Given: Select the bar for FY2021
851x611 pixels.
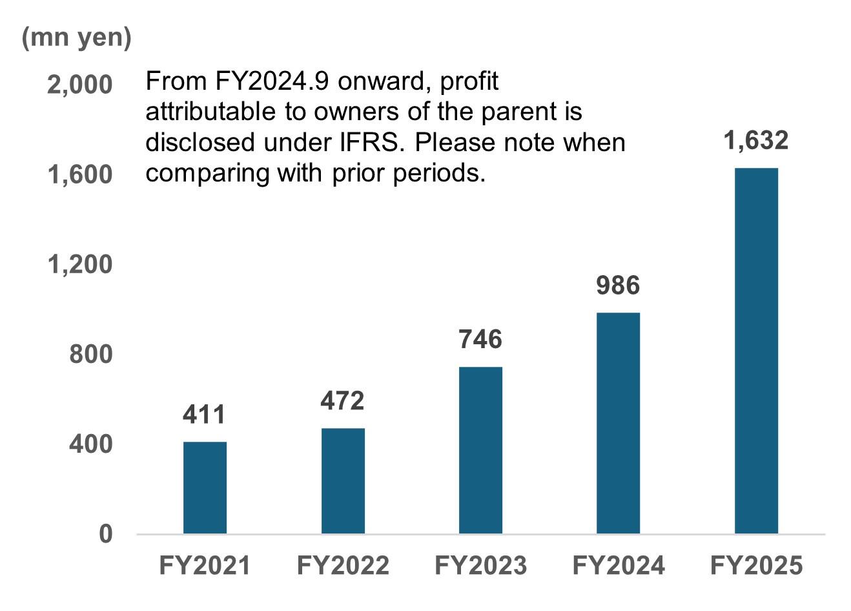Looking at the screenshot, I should tap(205, 488).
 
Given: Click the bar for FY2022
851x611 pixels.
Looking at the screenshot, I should tap(343, 481).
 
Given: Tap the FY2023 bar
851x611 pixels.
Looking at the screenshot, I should tap(480, 450).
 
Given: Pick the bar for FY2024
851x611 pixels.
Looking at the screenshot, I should tap(618, 423).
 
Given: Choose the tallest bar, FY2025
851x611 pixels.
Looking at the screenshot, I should tap(756, 351).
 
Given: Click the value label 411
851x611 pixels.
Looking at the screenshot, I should tap(204, 415).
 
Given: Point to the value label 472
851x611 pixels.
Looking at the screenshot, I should tap(342, 401).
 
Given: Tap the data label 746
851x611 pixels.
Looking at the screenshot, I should tap(480, 340).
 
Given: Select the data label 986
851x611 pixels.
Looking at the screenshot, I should tap(618, 285).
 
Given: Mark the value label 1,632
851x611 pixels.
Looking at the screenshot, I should tap(755, 141).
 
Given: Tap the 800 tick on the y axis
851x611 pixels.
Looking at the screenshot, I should tap(90, 355).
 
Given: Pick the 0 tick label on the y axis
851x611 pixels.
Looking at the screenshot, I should tap(105, 534).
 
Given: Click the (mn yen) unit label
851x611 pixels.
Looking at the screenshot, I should tap(76, 37).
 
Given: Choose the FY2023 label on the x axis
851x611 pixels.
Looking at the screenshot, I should tap(480, 566).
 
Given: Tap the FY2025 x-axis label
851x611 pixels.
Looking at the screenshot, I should tap(756, 566).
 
